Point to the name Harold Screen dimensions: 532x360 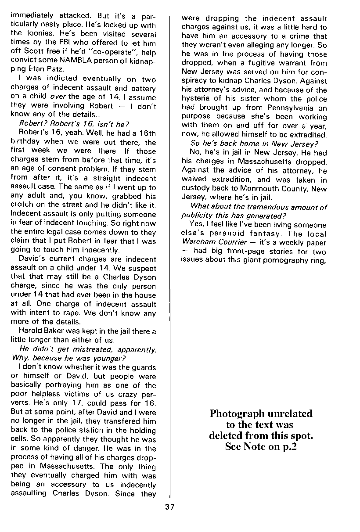(x=31, y=331)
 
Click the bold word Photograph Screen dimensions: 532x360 (x=237, y=414)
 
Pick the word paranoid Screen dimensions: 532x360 (x=238, y=234)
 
